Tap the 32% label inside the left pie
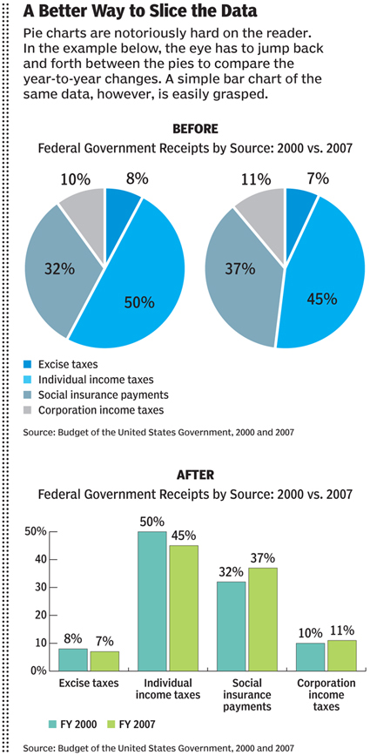click(x=60, y=267)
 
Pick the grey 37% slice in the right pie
click(x=243, y=280)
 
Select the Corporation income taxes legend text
click(x=102, y=410)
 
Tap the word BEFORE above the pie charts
click(x=195, y=129)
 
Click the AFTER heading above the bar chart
click(x=195, y=475)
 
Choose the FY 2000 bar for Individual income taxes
click(x=152, y=601)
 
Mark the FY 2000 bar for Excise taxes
click(x=73, y=660)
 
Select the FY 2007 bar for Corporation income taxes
click(x=341, y=656)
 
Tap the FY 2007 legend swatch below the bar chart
click(x=111, y=724)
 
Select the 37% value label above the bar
click(x=263, y=558)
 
